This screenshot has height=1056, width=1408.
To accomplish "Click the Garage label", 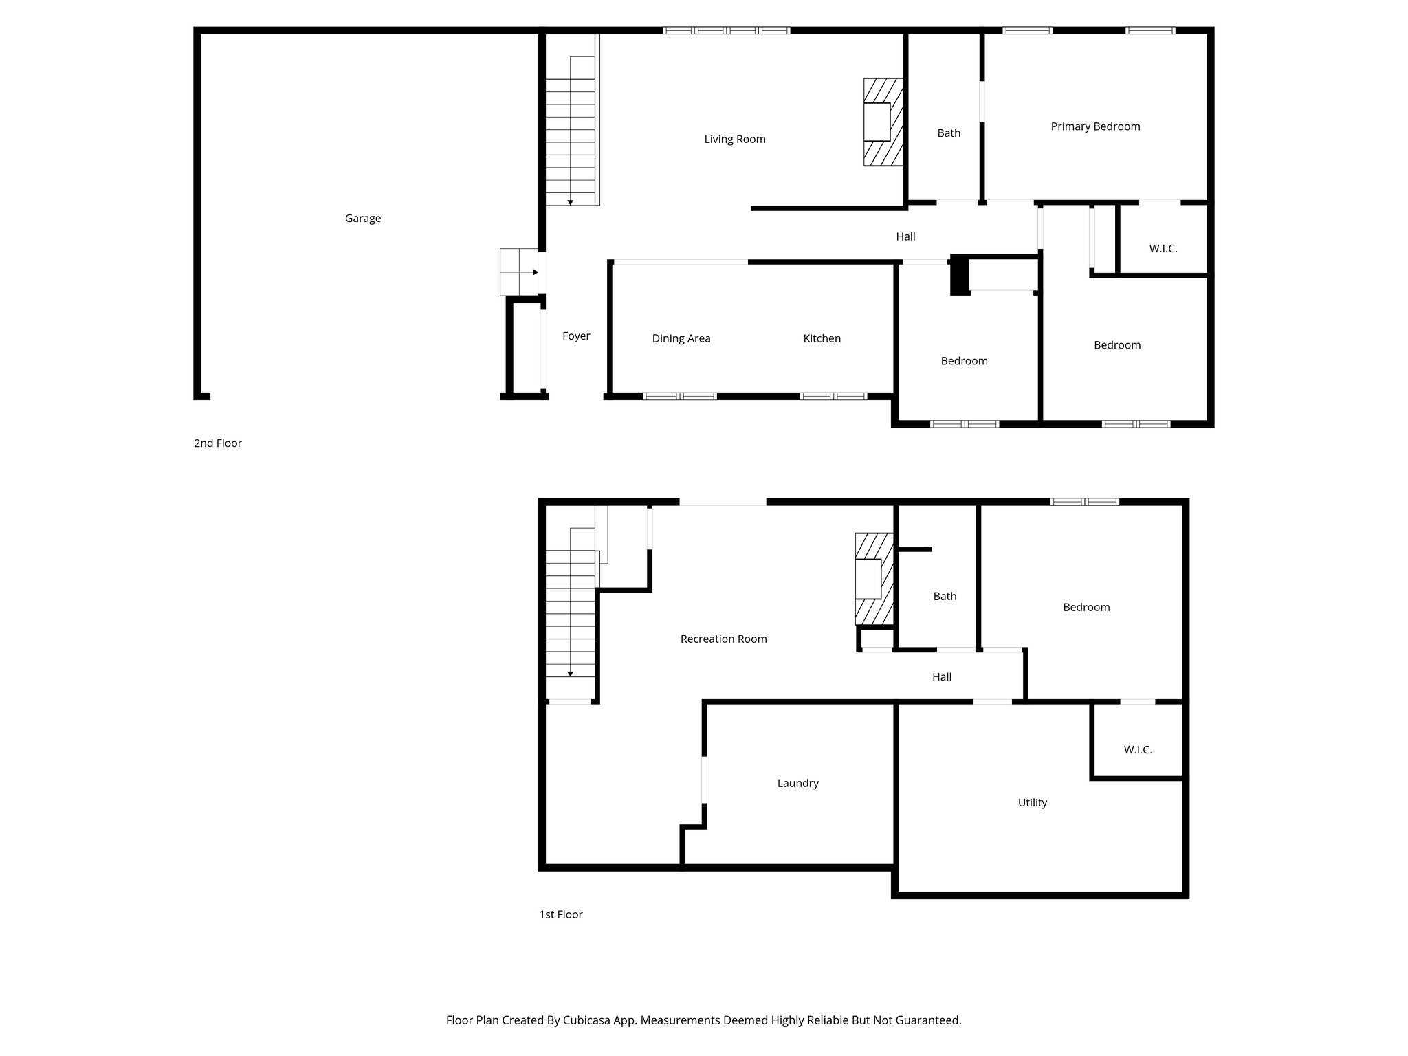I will [362, 219].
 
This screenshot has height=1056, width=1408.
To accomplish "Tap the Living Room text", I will [734, 140].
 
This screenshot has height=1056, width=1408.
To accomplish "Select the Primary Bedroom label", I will [1094, 126].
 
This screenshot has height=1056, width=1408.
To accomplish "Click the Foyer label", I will [575, 336].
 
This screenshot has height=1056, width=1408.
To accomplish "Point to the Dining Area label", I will [681, 338].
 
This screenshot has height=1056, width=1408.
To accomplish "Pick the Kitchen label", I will [822, 338].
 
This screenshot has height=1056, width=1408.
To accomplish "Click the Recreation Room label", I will [723, 639].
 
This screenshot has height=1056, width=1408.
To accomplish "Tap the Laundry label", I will [797, 784].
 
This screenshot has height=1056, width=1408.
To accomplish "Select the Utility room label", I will [1032, 803].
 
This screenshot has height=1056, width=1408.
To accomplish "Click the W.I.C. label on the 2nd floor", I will [1163, 249].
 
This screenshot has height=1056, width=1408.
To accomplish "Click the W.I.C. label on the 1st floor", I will [1137, 750].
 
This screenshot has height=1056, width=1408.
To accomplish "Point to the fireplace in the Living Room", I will [883, 122].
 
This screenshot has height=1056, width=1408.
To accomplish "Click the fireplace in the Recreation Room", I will [874, 579].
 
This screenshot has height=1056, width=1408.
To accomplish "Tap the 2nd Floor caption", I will [217, 443].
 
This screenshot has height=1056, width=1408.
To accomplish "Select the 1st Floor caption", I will [560, 915].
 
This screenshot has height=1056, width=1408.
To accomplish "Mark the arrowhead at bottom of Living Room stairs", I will [570, 202].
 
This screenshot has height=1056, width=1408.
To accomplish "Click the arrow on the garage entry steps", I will [534, 272].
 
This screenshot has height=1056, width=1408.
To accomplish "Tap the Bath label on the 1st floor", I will [944, 597].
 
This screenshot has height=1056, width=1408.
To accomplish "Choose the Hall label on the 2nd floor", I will [905, 237].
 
